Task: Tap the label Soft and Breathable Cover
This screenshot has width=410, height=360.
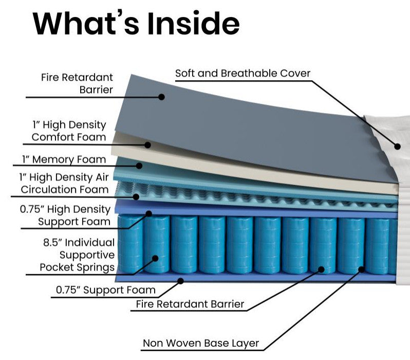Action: pyautogui.click(x=243, y=73)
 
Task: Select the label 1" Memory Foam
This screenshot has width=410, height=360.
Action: pyautogui.click(x=64, y=159)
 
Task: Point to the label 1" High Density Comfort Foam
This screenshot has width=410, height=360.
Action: pyautogui.click(x=69, y=131)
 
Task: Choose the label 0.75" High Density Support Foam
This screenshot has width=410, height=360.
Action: pyautogui.click(x=65, y=215)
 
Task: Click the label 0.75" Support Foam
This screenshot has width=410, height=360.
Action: pyautogui.click(x=105, y=290)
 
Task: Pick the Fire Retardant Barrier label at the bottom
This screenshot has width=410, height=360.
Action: pyautogui.click(x=190, y=304)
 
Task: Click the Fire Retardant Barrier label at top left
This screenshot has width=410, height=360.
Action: pyautogui.click(x=77, y=83)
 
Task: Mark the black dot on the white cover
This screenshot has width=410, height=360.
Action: pyautogui.click(x=397, y=146)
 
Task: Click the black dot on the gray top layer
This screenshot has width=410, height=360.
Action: pyautogui.click(x=161, y=96)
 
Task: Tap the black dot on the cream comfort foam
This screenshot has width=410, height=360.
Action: pyautogui.click(x=148, y=145)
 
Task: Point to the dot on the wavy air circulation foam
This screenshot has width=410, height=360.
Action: pyautogui.click(x=136, y=196)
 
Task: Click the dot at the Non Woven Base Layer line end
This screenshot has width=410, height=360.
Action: pyautogui.click(x=361, y=268)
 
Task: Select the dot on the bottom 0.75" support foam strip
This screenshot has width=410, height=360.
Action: pyautogui.click(x=180, y=280)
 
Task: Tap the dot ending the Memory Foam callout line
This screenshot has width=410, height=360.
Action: pyautogui.click(x=139, y=165)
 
